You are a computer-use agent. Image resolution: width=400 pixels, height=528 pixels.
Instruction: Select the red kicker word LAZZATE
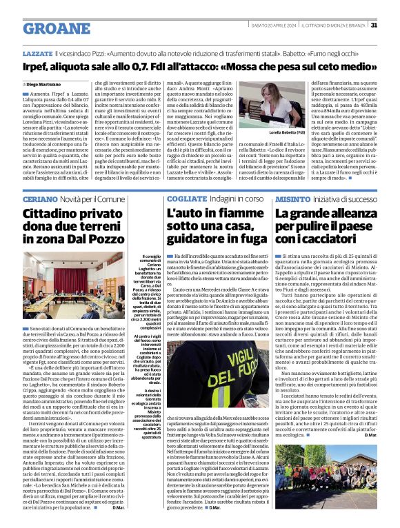point(37,52)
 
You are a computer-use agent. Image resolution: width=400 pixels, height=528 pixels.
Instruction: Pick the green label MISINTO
point(292,179)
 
